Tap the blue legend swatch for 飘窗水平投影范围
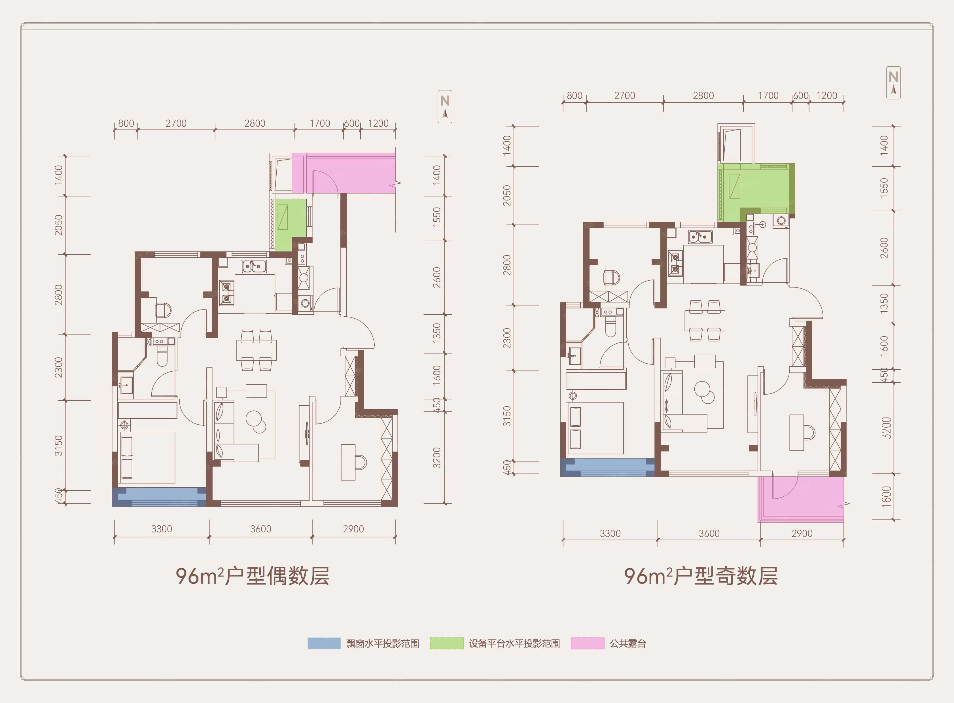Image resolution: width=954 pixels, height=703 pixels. point(324,643)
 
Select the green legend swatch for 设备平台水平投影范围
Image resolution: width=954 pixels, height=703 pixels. point(446,643)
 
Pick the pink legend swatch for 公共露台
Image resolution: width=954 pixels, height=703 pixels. point(588,643)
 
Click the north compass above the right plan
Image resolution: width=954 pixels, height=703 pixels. point(893,82)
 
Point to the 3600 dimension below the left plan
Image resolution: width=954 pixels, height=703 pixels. point(260,529)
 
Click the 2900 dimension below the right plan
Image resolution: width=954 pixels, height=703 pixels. point(802,533)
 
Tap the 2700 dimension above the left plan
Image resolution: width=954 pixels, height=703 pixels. point(176,123)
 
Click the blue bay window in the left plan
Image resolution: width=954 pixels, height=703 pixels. point(159,497)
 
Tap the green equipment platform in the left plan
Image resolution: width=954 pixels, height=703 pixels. point(291,225)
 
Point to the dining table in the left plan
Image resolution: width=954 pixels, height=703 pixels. point(256,350)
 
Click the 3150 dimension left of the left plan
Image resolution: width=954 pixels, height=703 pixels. point(59,446)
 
